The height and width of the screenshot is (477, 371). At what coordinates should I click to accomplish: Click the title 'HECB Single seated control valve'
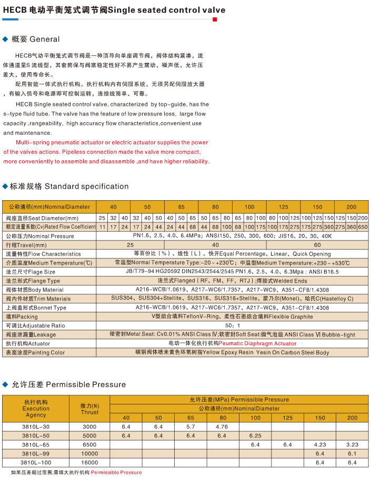114,10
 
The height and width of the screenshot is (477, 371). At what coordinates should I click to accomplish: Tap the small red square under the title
214,20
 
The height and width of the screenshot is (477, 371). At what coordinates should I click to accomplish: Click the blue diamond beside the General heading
6,39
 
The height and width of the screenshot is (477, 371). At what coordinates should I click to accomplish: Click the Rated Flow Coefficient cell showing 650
363,227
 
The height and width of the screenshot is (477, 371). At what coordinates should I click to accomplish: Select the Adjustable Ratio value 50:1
233,325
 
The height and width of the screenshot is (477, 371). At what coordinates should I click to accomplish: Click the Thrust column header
89,409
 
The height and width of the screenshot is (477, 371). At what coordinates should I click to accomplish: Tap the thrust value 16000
89,462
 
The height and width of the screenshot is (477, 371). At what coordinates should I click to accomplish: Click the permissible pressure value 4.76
222,426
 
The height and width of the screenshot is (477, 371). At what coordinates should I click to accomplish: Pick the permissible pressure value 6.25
255,435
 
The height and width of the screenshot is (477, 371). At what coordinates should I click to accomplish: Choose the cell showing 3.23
352,444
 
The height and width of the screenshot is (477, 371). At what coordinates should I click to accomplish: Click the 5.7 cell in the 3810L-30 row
190,426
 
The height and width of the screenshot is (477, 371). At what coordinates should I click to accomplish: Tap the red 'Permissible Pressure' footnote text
116,472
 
